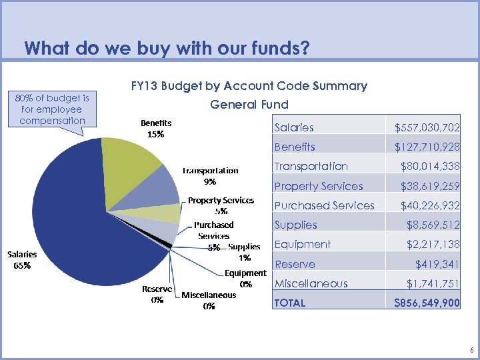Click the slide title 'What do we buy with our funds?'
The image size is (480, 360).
[167, 49]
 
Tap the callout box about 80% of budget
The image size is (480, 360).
[53, 109]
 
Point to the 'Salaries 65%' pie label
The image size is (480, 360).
[22, 259]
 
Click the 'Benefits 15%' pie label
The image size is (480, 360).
[155, 128]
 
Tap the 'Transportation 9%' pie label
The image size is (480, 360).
[210, 175]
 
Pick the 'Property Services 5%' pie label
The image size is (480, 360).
[221, 205]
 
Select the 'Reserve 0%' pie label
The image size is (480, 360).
[157, 294]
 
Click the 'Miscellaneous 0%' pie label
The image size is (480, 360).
[209, 301]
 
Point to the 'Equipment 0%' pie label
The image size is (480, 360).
[245, 278]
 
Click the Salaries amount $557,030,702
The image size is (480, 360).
[427, 127]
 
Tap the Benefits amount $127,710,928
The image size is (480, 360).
[427, 147]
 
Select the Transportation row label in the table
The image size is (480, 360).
[311, 166]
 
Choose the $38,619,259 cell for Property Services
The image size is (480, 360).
[430, 186]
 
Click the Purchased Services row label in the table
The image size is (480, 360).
[324, 205]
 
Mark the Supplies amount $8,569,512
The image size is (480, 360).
[433, 225]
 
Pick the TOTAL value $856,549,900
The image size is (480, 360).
[427, 303]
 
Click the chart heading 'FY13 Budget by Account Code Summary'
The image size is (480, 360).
[249, 86]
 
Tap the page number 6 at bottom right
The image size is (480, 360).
[471, 350]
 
